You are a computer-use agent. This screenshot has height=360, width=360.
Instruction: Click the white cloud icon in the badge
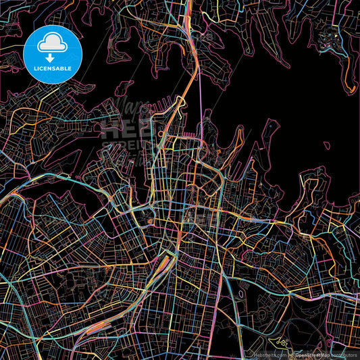53,43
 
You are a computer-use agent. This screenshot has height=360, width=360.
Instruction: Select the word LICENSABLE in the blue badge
53,68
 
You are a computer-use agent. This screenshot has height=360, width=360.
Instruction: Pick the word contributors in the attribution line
345,354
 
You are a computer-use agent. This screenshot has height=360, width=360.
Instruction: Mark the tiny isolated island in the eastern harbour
327,145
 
